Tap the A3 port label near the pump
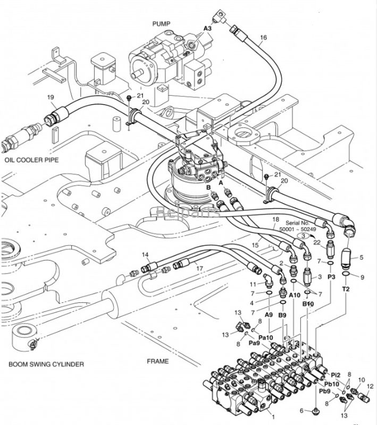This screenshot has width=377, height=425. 207,28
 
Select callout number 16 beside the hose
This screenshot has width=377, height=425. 263,38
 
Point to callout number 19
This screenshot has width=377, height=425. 51,97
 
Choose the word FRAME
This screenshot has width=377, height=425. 157,362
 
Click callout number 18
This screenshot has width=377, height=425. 275,219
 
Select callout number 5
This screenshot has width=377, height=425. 361,258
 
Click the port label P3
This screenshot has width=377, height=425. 332,277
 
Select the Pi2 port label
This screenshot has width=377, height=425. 334,375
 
